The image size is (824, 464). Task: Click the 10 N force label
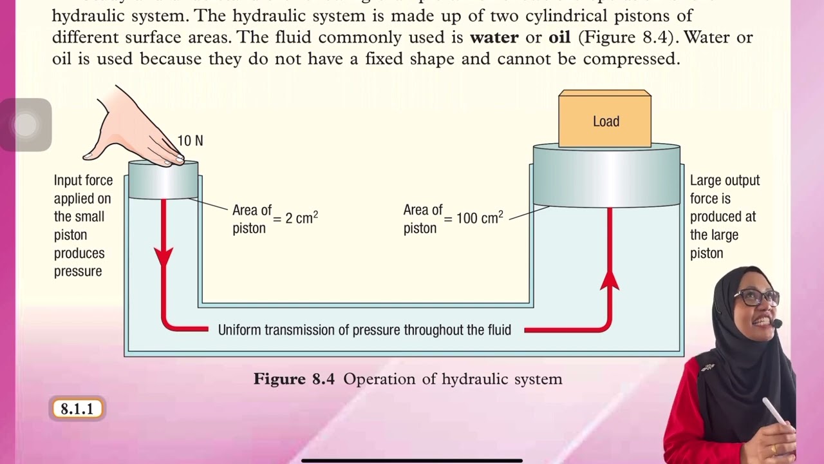click(190, 140)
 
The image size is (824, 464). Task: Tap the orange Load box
click(605, 121)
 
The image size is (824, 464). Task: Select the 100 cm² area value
click(480, 218)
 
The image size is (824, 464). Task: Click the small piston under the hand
click(164, 180)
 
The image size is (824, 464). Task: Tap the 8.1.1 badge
click(77, 409)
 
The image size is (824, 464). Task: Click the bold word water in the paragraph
click(494, 37)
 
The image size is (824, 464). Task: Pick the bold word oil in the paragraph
click(559, 37)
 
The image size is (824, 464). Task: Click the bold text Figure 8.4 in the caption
click(294, 379)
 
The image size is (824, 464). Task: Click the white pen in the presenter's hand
click(774, 411)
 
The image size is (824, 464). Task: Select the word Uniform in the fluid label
click(241, 331)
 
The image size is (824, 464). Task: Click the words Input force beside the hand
click(83, 180)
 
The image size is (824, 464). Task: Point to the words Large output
click(725, 180)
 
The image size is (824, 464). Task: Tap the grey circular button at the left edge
click(26, 124)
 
